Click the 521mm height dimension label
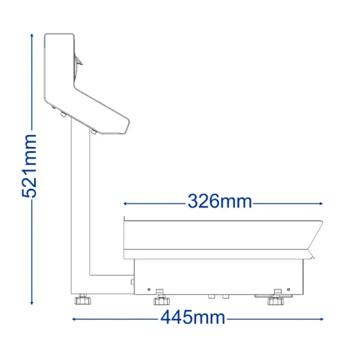(29, 166)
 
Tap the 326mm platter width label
(220, 202)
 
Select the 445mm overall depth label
(193, 317)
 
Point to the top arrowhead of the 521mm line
(32, 35)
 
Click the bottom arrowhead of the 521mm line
(32, 303)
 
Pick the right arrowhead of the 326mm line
(321, 203)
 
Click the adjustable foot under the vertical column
(83, 299)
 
